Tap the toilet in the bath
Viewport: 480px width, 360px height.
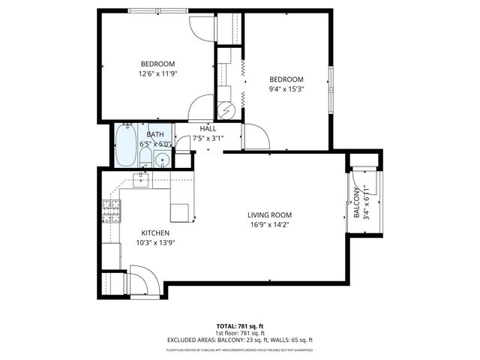146,156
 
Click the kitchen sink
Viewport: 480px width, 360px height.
142,178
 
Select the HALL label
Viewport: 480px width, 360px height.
208,129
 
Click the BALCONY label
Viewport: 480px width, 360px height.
356,202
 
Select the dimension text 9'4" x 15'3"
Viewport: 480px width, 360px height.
286,89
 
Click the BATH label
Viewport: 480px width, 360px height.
155,134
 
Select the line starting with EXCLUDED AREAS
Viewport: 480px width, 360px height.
239,340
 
